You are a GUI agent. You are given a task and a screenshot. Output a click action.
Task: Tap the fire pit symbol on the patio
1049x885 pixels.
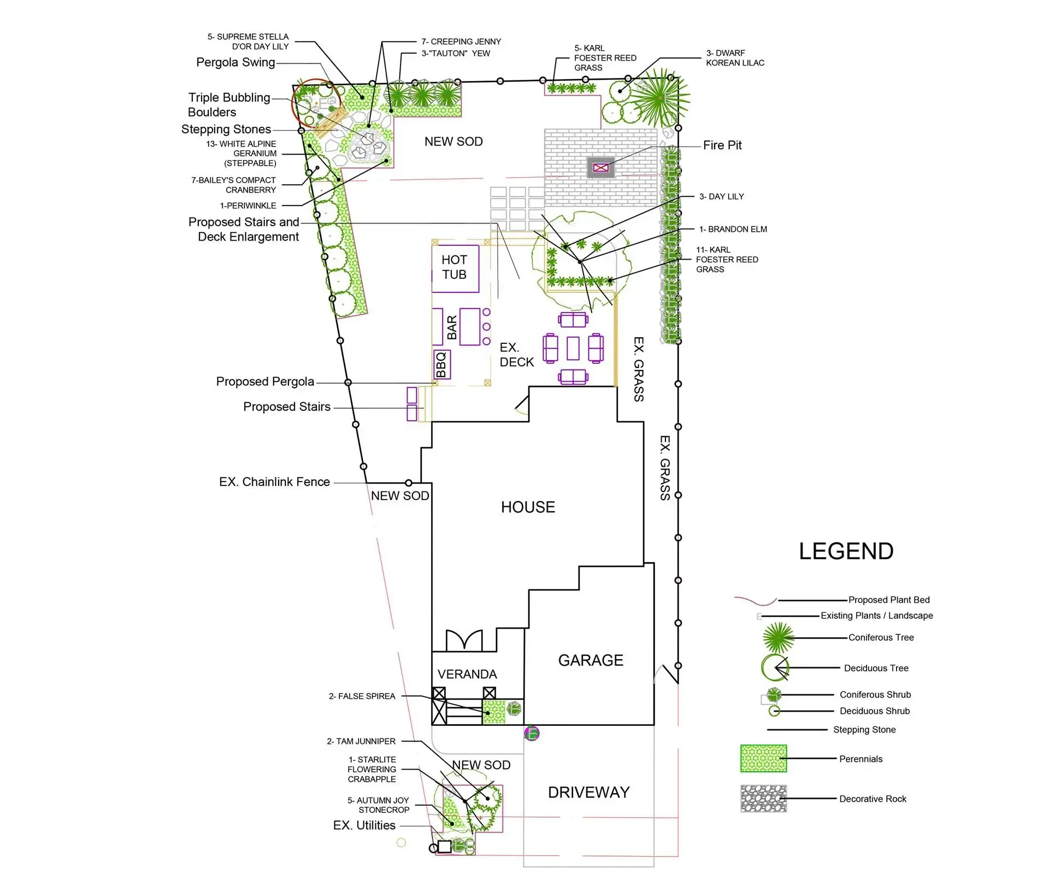pos(601,168)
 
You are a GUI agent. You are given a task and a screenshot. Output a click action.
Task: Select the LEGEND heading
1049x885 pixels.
pos(846,551)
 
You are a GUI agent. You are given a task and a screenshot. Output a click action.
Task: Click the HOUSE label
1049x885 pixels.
pos(528,507)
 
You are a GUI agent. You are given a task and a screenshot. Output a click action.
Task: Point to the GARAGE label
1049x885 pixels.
pos(591,660)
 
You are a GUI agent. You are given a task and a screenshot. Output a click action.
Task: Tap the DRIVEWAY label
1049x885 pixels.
pos(588,793)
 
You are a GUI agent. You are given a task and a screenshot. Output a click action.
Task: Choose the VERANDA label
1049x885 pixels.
pos(467,675)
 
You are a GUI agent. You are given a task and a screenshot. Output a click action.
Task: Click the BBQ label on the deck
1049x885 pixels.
pos(441,365)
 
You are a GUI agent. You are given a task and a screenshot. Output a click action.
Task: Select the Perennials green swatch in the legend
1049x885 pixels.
pos(763,759)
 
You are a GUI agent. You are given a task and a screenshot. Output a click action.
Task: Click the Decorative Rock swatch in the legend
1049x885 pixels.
pos(763,799)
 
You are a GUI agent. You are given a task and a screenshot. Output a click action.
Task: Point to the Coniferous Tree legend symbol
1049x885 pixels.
pos(778,637)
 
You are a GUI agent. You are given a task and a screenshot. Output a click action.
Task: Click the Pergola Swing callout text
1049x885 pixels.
pos(235,62)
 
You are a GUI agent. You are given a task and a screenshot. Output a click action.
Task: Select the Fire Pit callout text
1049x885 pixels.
pos(722,145)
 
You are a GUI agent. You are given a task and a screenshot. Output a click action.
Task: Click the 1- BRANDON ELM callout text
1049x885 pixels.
pos(733,229)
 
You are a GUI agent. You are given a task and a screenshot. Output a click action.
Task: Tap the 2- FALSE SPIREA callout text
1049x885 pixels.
pos(362,696)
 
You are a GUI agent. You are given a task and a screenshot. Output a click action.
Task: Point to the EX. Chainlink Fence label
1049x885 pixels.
pos(274,482)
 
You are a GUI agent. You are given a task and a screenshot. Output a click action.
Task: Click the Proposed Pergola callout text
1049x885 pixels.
pos(265,382)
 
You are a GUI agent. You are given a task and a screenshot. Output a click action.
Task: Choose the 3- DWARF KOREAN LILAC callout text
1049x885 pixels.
pos(735,58)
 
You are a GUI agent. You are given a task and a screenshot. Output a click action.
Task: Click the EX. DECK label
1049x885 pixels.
pos(516,355)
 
